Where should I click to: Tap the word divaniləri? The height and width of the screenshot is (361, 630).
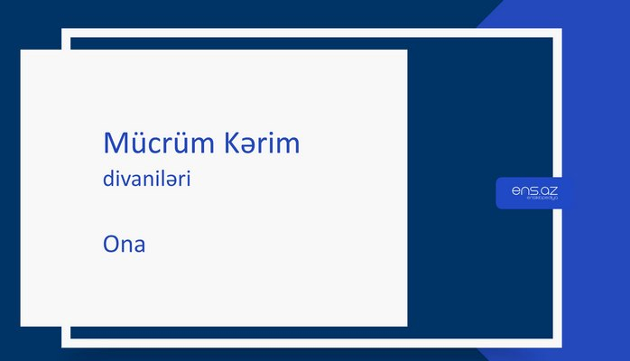tap(147, 180)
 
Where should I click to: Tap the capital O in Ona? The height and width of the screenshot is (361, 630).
tap(113, 244)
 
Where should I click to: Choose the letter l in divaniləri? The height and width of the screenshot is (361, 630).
tap(162, 179)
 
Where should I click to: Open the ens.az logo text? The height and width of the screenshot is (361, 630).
tap(533, 190)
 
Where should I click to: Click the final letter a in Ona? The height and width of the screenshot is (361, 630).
tap(140, 245)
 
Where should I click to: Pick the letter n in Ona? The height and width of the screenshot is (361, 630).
tap(128, 245)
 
